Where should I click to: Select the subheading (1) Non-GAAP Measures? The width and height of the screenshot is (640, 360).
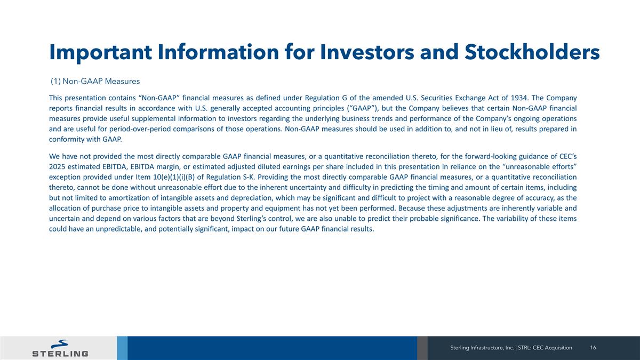pos(95,82)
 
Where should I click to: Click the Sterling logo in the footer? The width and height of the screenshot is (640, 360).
pos(60,348)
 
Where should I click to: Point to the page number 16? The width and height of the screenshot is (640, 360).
pos(593,348)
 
